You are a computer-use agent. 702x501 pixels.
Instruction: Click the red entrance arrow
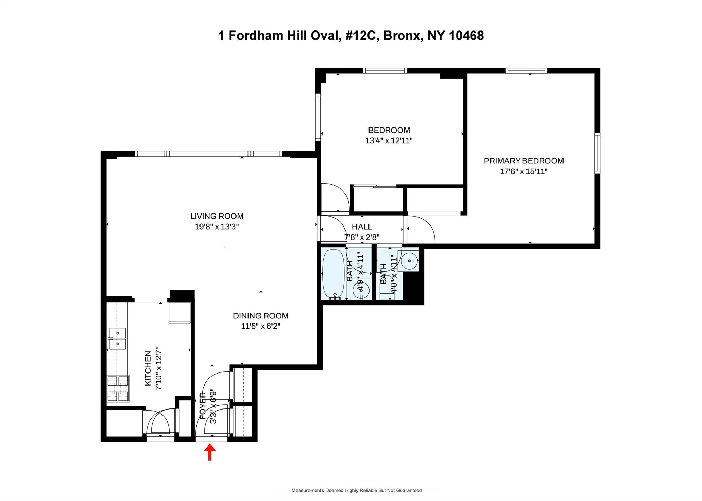point(210,452)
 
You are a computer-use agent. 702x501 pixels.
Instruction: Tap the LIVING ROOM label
point(217,216)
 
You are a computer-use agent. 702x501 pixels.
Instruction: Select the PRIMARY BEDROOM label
point(524,161)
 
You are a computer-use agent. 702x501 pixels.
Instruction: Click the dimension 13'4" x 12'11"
point(389,140)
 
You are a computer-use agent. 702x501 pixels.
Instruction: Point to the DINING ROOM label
point(261,316)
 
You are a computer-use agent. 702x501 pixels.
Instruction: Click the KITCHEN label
point(148,368)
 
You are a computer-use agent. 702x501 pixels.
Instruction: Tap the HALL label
point(362,227)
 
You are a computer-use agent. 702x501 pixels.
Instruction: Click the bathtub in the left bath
point(334,274)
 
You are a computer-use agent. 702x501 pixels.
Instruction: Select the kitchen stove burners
point(118,389)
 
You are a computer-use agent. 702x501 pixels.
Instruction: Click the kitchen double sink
point(118,338)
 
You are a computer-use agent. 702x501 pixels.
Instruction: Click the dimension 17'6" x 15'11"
point(524,171)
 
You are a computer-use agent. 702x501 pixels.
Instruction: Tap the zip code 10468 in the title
point(466,35)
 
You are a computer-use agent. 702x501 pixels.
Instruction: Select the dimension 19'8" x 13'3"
point(217,227)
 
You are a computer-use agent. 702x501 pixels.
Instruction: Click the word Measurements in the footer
point(307,490)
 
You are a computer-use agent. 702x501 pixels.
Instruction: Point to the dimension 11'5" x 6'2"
point(261,326)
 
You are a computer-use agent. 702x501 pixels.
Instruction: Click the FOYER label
point(203,406)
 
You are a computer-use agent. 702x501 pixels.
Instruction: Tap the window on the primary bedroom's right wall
point(597,153)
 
